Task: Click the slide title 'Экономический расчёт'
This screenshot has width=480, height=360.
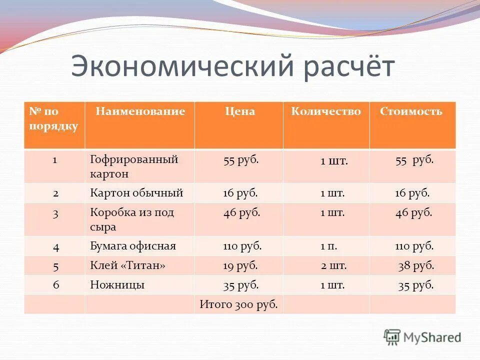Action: point(232,66)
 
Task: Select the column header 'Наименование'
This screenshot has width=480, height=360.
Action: point(140,111)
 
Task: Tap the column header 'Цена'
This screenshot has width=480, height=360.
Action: point(239,111)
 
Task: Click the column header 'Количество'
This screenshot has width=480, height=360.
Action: point(325,111)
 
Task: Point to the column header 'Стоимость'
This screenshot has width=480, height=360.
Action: point(411,111)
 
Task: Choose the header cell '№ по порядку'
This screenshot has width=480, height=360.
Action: point(53,118)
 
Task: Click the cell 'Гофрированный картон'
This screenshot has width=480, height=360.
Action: point(134,166)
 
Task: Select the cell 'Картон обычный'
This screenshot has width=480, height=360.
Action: point(136,192)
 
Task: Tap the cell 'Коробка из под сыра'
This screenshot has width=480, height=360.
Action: point(132,219)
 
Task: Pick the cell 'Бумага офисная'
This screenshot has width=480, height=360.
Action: point(133,246)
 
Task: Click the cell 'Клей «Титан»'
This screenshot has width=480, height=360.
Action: point(127,265)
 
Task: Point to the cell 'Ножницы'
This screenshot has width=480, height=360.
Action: point(117,285)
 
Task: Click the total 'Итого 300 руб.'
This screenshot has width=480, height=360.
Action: point(238,304)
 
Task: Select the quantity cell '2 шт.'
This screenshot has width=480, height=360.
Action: point(333,265)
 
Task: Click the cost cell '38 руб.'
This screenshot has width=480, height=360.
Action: point(416,265)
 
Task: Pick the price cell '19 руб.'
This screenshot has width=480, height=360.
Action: point(240,265)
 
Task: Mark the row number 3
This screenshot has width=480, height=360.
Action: point(56,213)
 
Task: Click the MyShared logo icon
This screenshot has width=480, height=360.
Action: point(392,337)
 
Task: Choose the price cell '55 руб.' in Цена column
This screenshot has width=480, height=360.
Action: point(241,160)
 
